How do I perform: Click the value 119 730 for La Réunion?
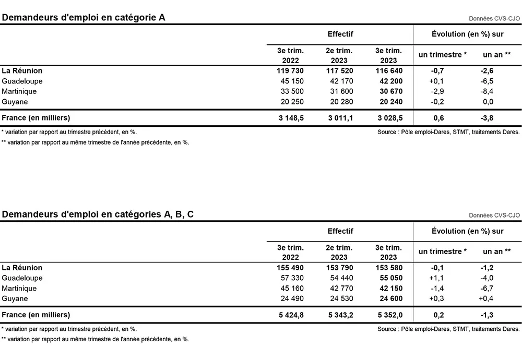coord(290,71)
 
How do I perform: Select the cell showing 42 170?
coord(340,81)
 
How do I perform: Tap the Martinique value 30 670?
coord(389,92)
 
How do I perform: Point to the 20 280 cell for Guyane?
coord(340,102)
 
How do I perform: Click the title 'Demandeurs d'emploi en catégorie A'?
coord(84,18)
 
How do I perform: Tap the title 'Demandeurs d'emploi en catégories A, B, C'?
coord(98,214)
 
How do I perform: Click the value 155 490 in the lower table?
coord(290,268)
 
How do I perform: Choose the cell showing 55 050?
coord(389,278)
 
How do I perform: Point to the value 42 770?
coord(340,289)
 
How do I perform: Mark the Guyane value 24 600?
coord(389,299)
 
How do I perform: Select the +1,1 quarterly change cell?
coord(436,278)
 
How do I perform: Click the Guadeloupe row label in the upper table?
coord(22,81)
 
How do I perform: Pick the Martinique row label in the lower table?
coord(19,289)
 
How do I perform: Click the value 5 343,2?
coord(340,315)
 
